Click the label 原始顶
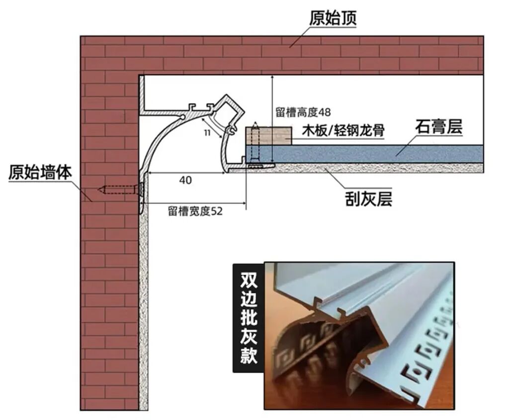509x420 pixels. [x=333, y=19]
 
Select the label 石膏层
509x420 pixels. [x=439, y=127]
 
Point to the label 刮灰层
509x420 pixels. [x=369, y=199]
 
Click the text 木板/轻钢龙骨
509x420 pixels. [x=344, y=131]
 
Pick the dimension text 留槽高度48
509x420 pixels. [x=303, y=112]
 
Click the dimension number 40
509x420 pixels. [x=185, y=180]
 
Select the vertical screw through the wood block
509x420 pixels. [x=254, y=144]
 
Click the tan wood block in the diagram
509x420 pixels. [x=268, y=136]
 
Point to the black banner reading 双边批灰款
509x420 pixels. [x=248, y=317]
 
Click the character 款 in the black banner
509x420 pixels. [x=248, y=356]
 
